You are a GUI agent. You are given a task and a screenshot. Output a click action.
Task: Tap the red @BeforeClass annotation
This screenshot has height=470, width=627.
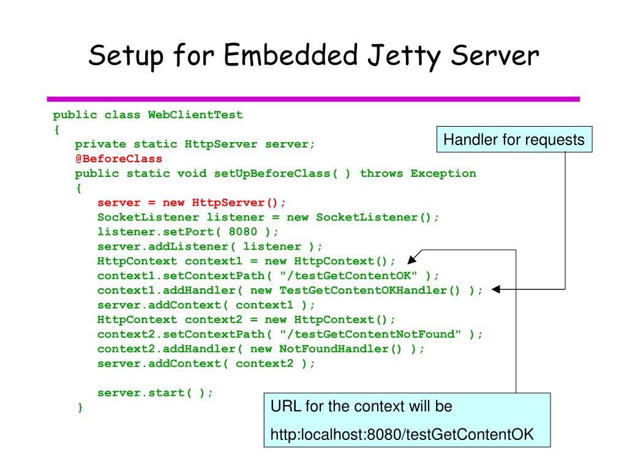[119, 159]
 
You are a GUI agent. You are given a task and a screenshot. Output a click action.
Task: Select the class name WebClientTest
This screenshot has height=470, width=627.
[195, 114]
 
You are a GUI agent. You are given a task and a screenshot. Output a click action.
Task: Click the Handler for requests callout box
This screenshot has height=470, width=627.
[514, 140]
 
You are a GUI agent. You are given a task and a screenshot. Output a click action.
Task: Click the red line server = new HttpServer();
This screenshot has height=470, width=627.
[192, 203]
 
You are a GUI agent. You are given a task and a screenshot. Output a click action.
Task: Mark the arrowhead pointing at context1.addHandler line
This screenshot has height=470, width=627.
[497, 290]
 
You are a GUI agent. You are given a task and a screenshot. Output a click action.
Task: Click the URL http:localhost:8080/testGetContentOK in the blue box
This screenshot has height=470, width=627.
[402, 435]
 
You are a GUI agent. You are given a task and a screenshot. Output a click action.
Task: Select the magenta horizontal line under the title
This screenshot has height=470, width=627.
[313, 99]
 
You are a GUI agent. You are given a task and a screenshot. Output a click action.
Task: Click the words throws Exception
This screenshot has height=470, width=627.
[418, 173]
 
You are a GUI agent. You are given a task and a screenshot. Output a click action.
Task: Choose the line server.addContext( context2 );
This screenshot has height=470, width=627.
[206, 364]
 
